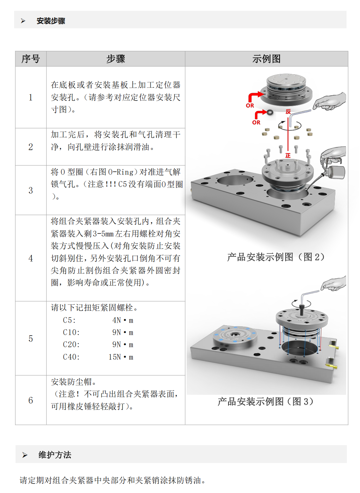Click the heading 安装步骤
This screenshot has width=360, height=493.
(x=51, y=21)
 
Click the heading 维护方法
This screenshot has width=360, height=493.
(x=55, y=455)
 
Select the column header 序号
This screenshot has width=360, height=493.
(x=31, y=59)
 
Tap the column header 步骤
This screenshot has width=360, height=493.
(x=115, y=59)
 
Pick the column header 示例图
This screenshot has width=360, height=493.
(x=266, y=59)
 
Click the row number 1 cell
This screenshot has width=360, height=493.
(x=31, y=97)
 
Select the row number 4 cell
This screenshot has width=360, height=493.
(x=31, y=258)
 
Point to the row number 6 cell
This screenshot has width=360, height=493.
(x=31, y=400)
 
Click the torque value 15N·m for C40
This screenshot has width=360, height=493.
(x=121, y=357)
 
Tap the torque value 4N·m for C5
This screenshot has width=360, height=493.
(x=122, y=320)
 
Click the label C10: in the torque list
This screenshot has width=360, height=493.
(x=71, y=332)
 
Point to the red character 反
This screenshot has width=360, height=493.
(x=288, y=111)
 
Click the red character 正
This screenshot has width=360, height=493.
(x=288, y=155)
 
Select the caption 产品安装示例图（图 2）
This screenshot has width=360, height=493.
(x=276, y=257)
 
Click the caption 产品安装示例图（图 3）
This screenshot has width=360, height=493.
(x=266, y=402)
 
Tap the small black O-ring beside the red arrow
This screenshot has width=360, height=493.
(x=270, y=112)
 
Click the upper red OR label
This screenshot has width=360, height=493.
(x=250, y=106)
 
